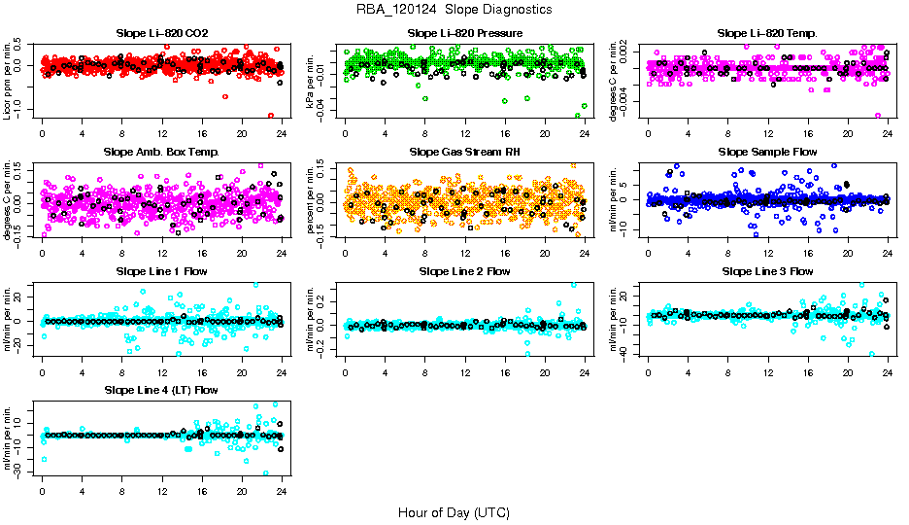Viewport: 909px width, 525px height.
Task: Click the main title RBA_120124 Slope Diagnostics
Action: click(x=454, y=10)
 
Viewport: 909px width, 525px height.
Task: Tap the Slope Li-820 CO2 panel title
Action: click(x=161, y=34)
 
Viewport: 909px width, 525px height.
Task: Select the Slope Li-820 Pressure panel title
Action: click(x=465, y=34)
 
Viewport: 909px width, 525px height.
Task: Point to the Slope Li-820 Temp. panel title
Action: click(x=767, y=34)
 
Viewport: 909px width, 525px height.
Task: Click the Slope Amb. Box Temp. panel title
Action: click(x=161, y=153)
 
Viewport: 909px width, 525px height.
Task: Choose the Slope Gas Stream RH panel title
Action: click(x=465, y=153)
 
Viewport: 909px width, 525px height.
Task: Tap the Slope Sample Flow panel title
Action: click(x=767, y=153)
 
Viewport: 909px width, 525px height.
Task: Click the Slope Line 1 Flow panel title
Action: click(x=161, y=271)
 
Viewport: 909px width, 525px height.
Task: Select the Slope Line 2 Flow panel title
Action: click(x=465, y=271)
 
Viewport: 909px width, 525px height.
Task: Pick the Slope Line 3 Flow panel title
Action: click(x=767, y=271)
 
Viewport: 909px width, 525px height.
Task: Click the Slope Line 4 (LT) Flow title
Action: click(x=161, y=390)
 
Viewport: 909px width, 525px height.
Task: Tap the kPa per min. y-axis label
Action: click(x=312, y=82)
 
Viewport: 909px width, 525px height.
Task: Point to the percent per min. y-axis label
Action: click(x=312, y=200)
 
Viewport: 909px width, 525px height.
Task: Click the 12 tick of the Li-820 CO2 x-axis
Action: click(x=161, y=134)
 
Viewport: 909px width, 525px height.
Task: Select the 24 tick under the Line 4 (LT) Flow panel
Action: click(x=281, y=490)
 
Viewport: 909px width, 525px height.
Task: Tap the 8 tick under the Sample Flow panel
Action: click(x=727, y=253)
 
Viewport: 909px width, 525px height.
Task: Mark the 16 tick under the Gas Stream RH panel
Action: click(x=505, y=253)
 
